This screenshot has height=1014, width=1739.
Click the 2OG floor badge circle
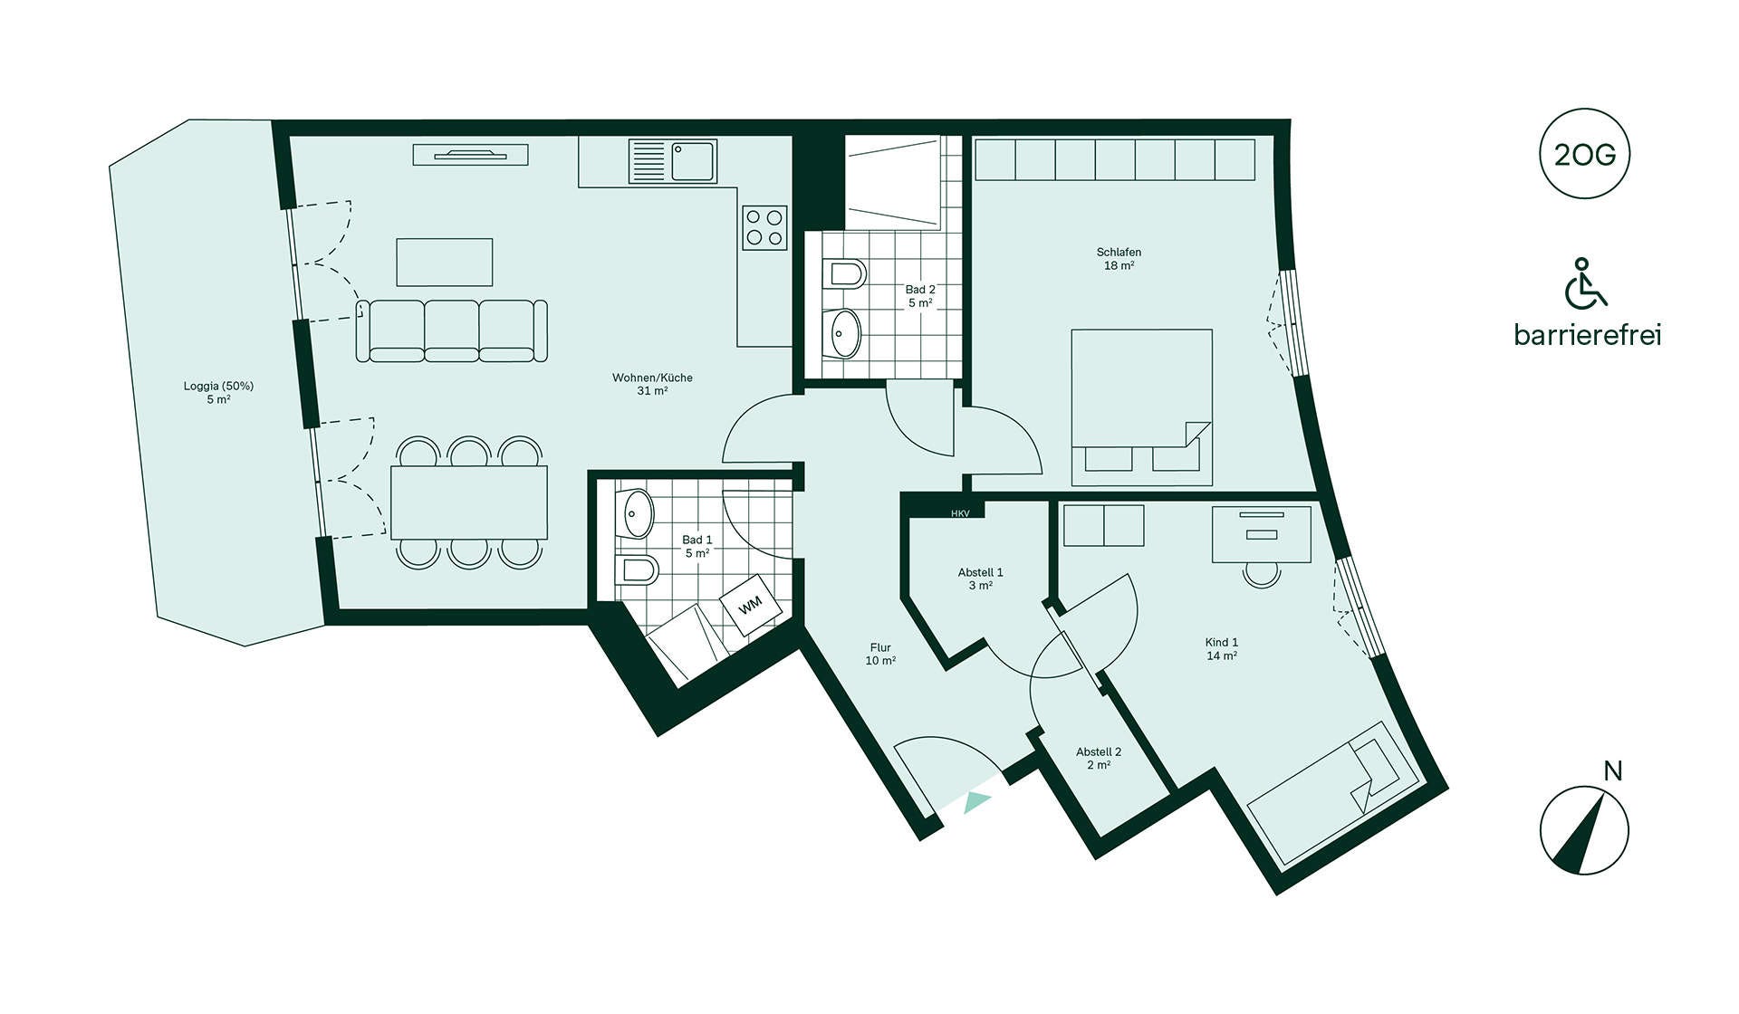(x=1584, y=154)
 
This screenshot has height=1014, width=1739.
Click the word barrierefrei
(x=1588, y=335)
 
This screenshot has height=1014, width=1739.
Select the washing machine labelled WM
(x=751, y=605)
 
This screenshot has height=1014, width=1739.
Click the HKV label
(x=960, y=513)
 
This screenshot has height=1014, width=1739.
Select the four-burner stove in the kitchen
(x=764, y=228)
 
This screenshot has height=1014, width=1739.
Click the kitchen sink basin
(x=694, y=161)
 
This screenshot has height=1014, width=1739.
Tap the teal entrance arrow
(x=977, y=802)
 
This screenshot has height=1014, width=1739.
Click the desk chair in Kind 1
(x=1261, y=574)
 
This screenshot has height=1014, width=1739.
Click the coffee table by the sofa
(x=445, y=263)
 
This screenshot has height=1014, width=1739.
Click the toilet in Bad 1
(x=637, y=570)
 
